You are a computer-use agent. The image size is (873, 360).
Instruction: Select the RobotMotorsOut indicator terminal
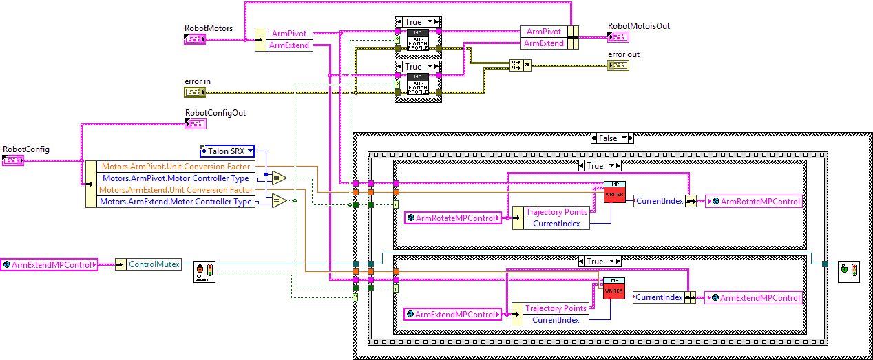tap(618, 37)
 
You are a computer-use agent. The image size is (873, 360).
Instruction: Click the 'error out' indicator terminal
tap(618, 65)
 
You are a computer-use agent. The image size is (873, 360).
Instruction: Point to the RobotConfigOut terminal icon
tap(194, 124)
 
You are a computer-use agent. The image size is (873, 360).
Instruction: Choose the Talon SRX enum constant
tap(227, 151)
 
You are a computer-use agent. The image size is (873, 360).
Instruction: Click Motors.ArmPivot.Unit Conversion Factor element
tap(176, 167)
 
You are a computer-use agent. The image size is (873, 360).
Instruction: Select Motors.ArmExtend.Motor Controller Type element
tap(176, 202)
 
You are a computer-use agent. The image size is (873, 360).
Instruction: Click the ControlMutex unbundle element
tap(154, 264)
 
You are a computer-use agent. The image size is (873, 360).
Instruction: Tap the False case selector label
tap(608, 138)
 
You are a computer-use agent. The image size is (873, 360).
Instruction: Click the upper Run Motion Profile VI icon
tap(418, 40)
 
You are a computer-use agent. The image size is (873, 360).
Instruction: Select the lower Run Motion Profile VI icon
tap(418, 83)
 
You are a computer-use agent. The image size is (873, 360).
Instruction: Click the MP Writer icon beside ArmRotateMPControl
tap(613, 193)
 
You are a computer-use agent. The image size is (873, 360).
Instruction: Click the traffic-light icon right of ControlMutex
tap(204, 271)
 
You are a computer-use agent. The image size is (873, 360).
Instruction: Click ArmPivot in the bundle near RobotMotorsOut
tap(543, 32)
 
